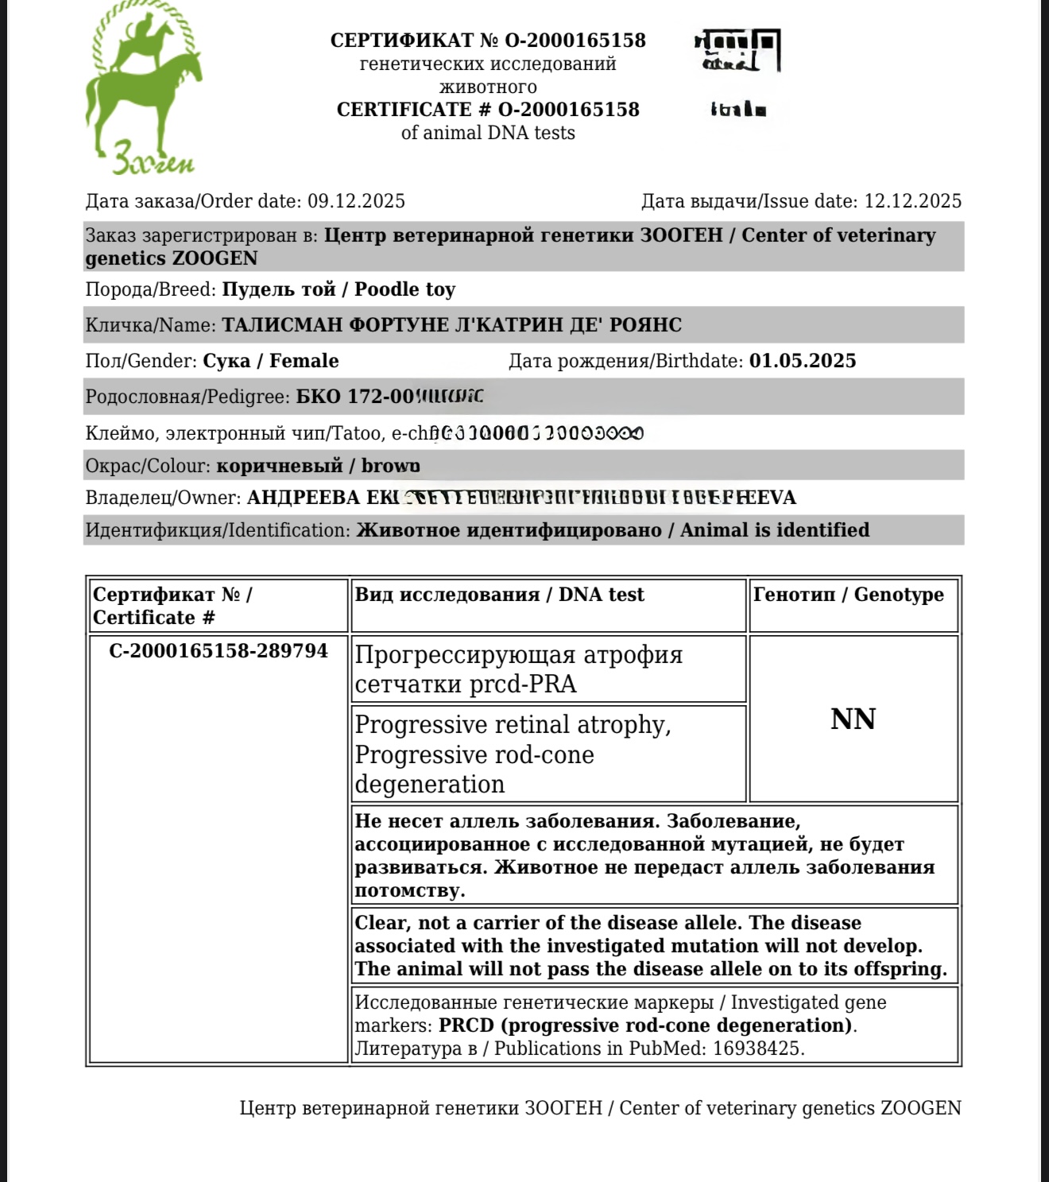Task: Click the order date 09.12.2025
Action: [356, 201]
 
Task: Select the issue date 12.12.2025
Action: [912, 201]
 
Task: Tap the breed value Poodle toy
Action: [405, 289]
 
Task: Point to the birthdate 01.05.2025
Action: [803, 361]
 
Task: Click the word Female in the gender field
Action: [304, 361]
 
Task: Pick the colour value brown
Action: [390, 466]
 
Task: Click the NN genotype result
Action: [853, 719]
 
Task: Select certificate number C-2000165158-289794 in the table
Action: [219, 651]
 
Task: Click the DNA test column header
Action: [601, 595]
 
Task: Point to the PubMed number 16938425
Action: [757, 1048]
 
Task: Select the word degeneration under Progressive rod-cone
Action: [430, 785]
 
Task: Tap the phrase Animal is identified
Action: [775, 530]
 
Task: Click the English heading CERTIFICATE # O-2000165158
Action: [488, 110]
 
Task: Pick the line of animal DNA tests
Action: [488, 133]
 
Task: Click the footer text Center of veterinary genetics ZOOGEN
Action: [790, 1108]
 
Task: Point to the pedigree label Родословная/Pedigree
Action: [188, 397]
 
